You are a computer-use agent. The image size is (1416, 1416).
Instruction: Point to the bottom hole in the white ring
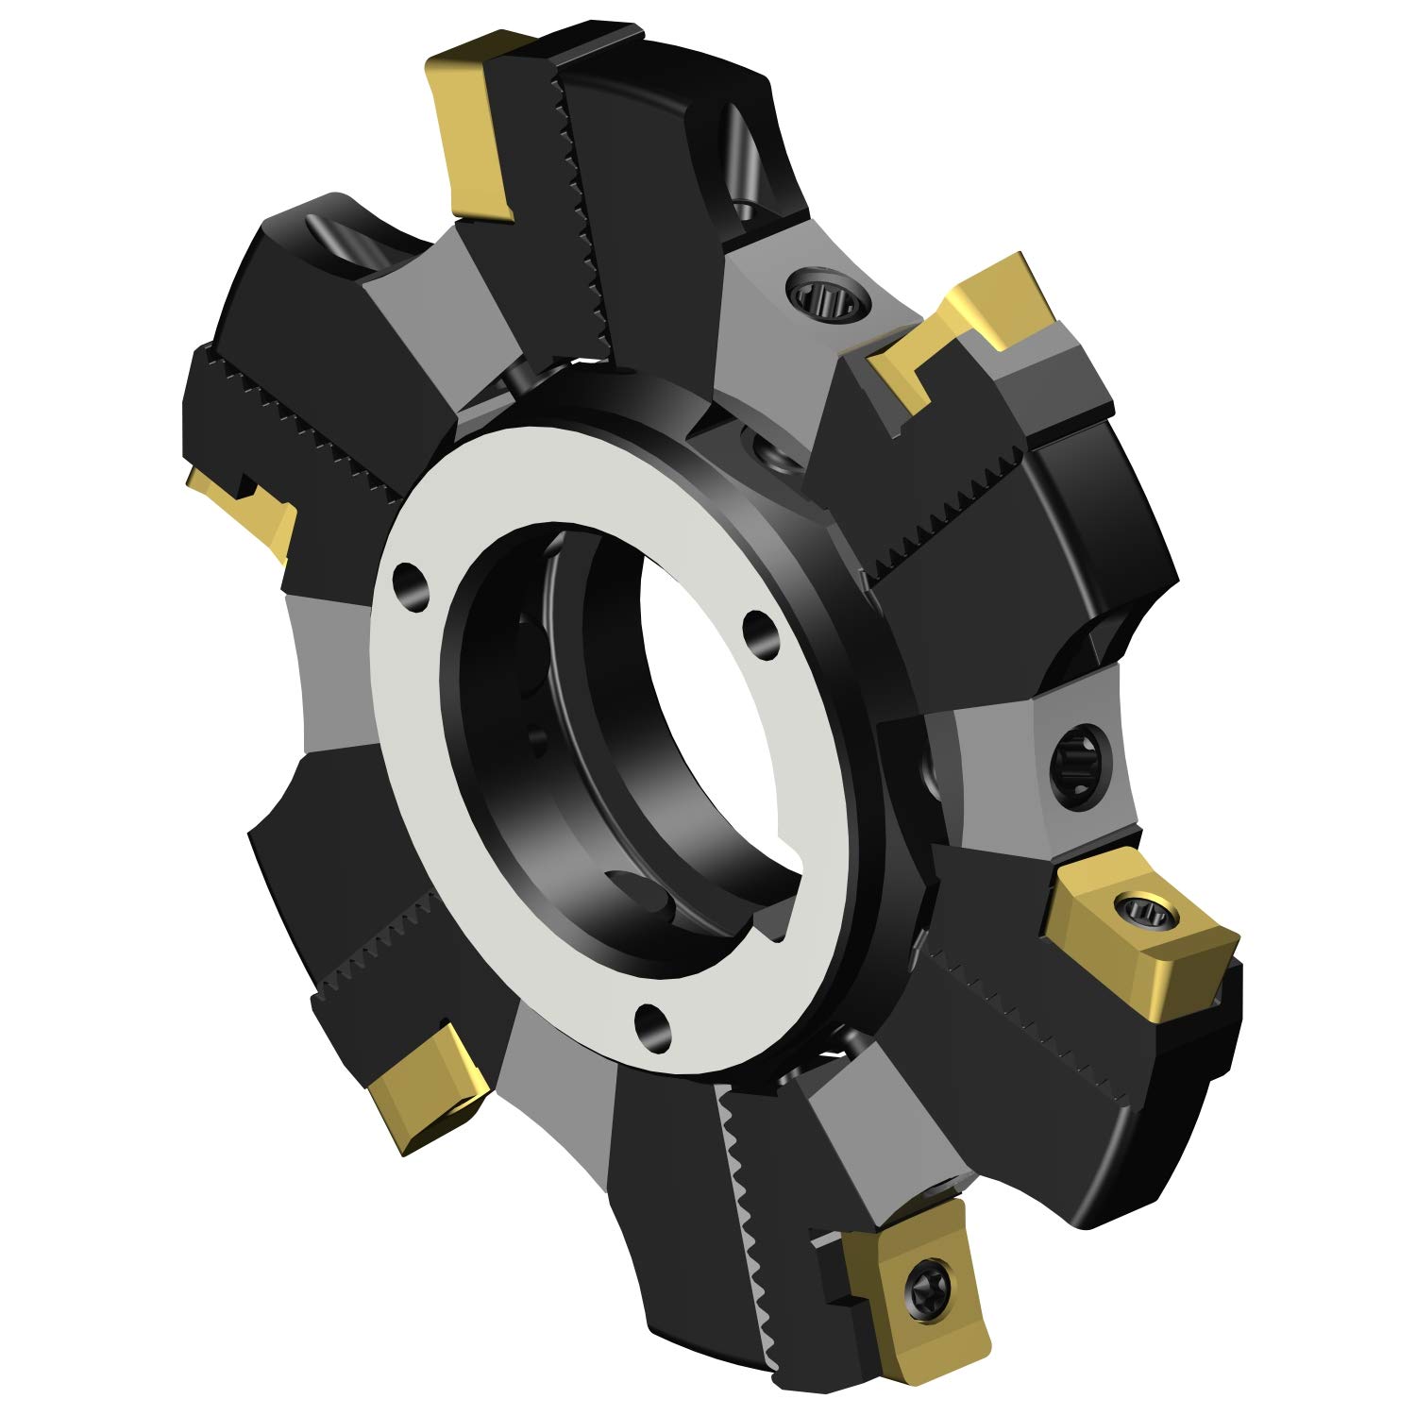(x=649, y=1022)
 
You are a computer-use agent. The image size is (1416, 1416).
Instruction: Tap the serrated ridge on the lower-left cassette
(x=378, y=953)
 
